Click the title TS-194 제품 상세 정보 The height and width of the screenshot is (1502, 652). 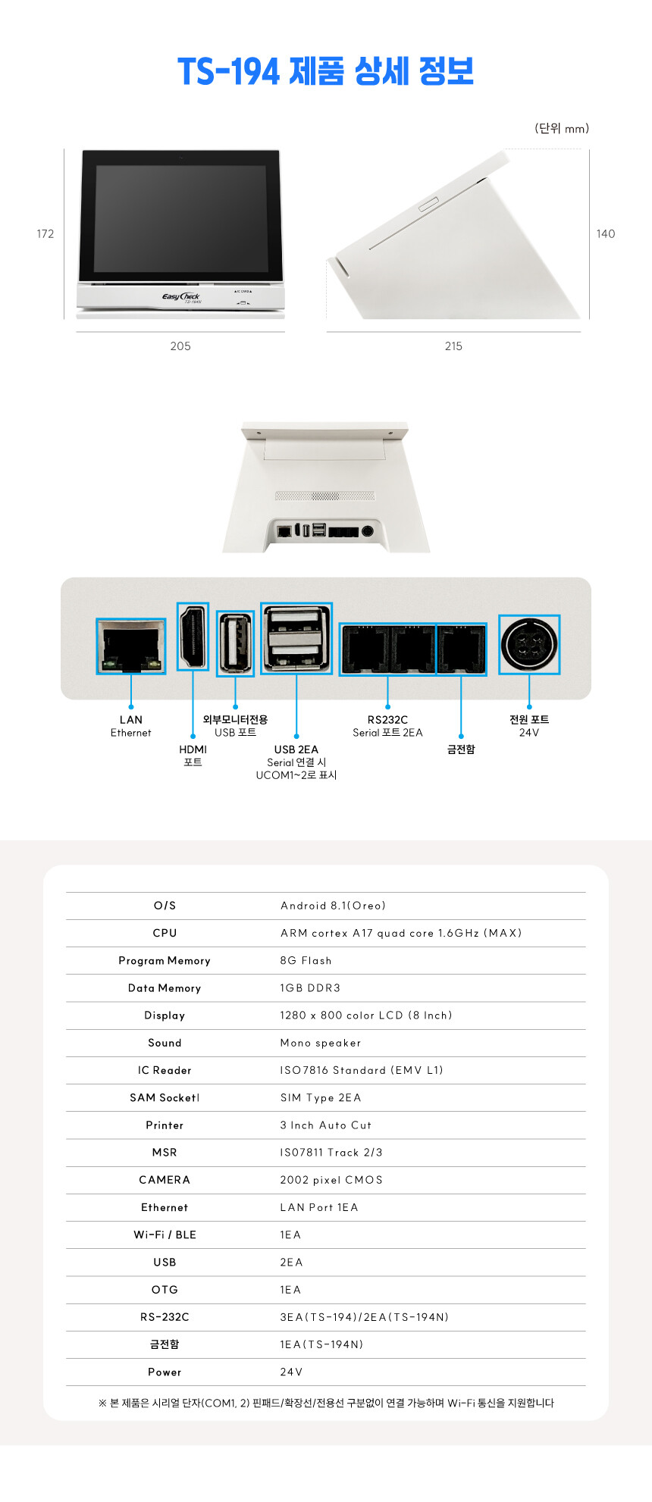click(325, 71)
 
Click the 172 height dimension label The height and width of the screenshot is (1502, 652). click(45, 233)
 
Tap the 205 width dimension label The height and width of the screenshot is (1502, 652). click(180, 346)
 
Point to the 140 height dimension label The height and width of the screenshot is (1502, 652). click(606, 233)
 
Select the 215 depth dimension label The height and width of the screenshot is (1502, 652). click(453, 346)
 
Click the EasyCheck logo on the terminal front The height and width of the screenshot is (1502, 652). click(180, 296)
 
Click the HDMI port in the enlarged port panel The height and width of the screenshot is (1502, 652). click(193, 637)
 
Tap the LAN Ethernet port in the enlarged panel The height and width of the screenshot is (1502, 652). click(130, 646)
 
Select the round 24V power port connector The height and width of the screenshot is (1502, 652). click(529, 645)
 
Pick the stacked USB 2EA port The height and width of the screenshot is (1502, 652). click(296, 638)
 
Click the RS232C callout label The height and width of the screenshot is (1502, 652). click(387, 720)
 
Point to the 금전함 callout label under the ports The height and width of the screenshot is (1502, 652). click(461, 749)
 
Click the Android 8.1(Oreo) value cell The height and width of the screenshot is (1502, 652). click(333, 906)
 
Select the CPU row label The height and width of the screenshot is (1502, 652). click(165, 933)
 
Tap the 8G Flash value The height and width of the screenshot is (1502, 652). click(306, 960)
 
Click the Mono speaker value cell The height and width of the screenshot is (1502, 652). click(321, 1043)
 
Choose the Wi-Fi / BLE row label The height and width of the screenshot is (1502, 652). click(165, 1234)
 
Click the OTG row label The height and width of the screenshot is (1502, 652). click(165, 1289)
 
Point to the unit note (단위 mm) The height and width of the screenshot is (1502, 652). click(562, 128)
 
